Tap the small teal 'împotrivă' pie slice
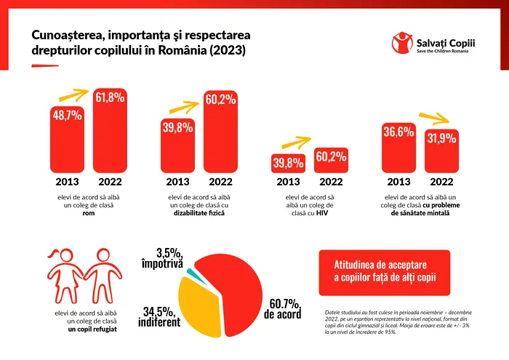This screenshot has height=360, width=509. [191, 273]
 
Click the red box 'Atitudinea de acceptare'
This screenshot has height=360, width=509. [390, 269]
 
